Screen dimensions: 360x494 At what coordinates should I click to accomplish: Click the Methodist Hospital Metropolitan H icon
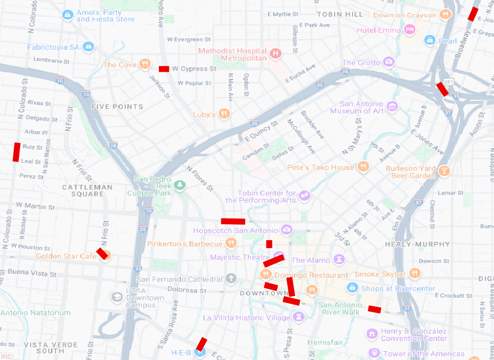275,53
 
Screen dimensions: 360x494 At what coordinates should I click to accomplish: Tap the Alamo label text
311,260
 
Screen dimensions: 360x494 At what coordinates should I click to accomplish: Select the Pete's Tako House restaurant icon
363,167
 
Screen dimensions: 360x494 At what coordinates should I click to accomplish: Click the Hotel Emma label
378,30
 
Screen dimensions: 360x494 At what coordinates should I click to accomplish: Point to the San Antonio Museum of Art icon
392,107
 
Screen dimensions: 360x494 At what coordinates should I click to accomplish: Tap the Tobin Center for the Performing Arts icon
304,196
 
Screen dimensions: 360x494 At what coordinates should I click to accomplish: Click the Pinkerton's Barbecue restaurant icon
231,243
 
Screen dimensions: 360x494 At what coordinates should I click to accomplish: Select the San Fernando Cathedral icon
230,278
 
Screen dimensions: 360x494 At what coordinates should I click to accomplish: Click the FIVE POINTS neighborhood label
117,107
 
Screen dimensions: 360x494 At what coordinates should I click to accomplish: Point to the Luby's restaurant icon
225,113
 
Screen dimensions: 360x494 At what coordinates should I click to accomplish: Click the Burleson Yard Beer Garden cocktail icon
445,170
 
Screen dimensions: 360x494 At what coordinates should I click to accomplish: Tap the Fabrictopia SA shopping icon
88,47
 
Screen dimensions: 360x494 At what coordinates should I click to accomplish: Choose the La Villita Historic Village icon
299,317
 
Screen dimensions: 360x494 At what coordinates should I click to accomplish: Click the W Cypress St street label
194,69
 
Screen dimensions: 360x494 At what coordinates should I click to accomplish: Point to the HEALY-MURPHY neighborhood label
417,244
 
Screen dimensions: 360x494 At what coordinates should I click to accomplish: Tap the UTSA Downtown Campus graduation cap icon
117,297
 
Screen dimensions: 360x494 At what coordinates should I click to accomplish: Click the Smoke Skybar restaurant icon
415,273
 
